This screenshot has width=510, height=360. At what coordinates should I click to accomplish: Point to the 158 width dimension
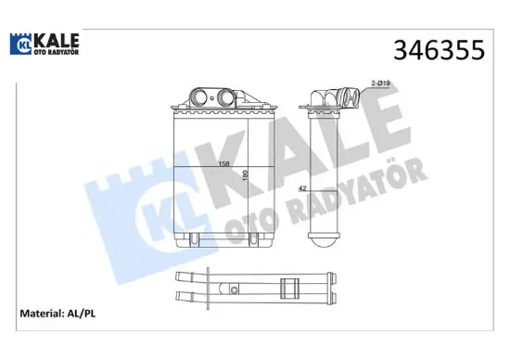[223, 164]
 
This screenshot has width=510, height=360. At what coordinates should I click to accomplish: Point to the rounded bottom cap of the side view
[329, 240]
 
